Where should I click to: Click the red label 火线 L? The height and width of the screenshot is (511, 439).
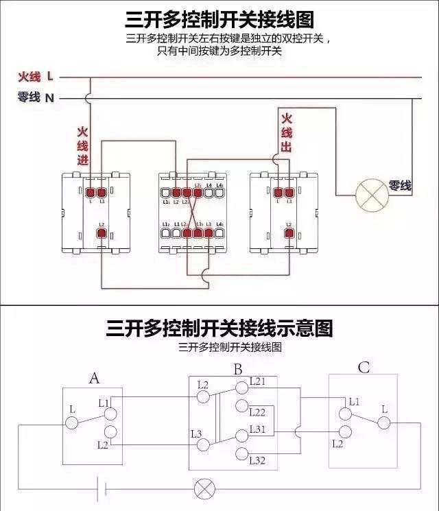[x=36, y=76]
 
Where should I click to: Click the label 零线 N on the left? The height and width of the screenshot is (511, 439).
[x=36, y=98]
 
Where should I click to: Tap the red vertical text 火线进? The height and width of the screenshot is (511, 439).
[x=82, y=146]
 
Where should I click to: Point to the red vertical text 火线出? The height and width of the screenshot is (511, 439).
[x=287, y=132]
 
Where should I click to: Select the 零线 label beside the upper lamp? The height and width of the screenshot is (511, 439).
[x=400, y=185]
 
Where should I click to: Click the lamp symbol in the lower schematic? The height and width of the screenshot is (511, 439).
[x=204, y=489]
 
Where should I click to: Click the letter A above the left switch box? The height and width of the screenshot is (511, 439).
[x=95, y=379]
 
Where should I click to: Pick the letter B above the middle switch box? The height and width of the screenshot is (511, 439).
[x=237, y=370]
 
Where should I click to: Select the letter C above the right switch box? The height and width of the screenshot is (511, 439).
[x=363, y=368]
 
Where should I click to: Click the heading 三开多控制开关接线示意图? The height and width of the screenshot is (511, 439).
[x=219, y=329]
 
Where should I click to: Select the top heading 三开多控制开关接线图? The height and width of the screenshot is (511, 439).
[x=219, y=18]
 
